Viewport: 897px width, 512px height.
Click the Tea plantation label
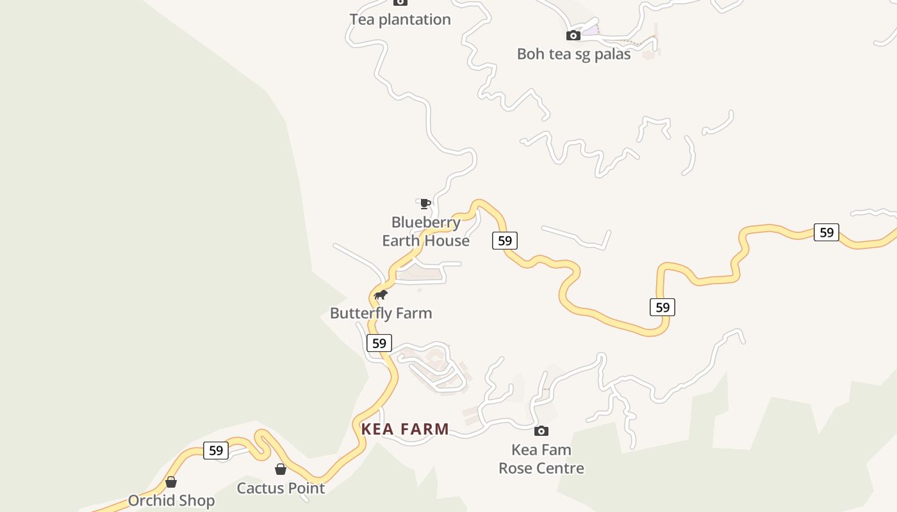(400, 20)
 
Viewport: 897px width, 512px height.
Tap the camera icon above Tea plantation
(400, 3)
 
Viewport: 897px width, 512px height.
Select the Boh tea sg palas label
(573, 54)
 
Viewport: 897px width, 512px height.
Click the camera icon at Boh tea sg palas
(573, 36)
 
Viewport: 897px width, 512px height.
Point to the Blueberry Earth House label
(426, 232)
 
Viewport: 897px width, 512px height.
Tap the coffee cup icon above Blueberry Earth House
(425, 204)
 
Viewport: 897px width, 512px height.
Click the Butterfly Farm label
(381, 313)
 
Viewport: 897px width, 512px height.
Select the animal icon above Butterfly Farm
(381, 295)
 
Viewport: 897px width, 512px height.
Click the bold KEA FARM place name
(405, 429)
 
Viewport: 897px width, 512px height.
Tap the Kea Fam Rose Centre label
(541, 459)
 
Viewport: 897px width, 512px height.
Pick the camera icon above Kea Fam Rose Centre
(541, 431)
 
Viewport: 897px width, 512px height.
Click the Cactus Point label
(281, 488)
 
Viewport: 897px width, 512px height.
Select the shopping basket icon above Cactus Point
(281, 470)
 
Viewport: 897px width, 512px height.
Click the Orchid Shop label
(171, 500)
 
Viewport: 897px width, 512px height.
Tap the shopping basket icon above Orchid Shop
(171, 482)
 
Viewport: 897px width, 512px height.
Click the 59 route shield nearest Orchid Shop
(216, 451)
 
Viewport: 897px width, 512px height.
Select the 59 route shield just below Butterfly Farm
(379, 343)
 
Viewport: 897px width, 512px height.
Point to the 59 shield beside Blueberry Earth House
(505, 241)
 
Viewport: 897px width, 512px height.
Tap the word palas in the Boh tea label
(613, 54)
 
